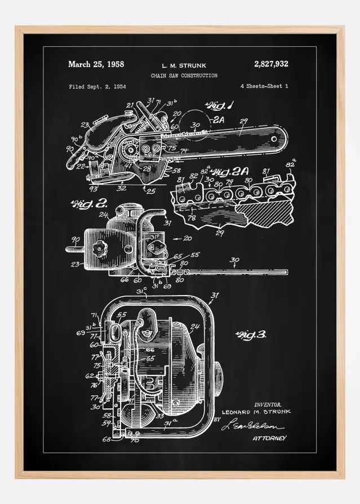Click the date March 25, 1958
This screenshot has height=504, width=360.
click(x=96, y=64)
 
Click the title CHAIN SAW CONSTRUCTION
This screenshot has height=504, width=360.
click(x=183, y=75)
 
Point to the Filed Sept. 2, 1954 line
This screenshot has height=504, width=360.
click(x=97, y=87)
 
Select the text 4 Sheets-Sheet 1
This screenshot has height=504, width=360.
click(x=264, y=87)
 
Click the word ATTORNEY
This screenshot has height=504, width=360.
click(x=269, y=438)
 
